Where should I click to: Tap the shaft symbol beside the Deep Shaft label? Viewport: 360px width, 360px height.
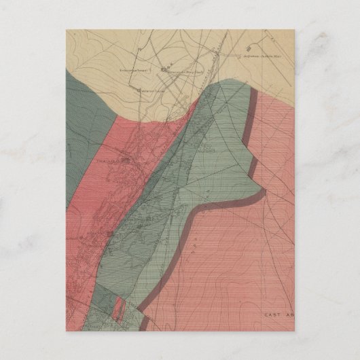pos(164,69)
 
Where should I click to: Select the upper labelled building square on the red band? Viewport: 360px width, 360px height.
pos(124,160)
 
